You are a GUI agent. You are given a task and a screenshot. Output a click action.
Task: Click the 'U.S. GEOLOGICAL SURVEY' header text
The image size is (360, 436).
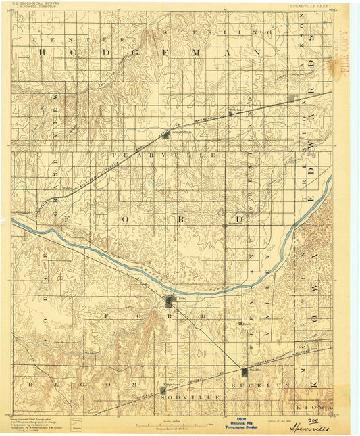(34, 4)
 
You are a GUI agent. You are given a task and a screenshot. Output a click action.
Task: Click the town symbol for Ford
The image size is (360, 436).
(170, 301)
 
